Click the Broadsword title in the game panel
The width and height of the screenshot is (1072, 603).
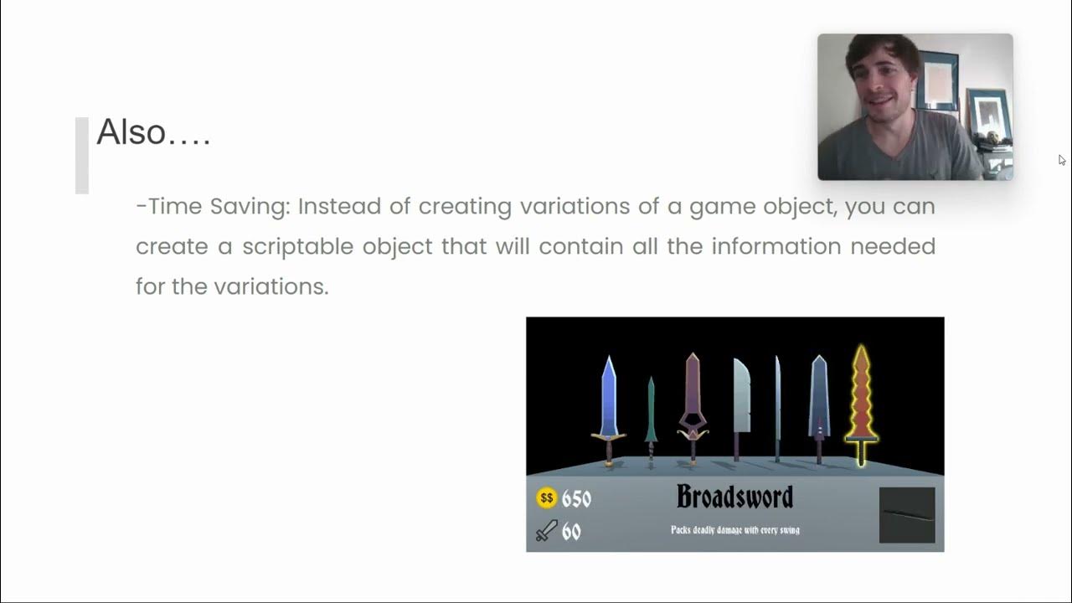point(734,497)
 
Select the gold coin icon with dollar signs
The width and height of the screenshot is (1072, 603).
point(546,498)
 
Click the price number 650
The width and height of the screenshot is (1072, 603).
point(576,499)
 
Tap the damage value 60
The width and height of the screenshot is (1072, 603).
point(571,531)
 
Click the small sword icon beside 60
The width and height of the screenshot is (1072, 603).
point(546,531)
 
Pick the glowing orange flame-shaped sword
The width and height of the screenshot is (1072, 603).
point(861,402)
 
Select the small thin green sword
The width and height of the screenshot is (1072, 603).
point(651,419)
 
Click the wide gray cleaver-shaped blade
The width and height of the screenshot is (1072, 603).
point(740,402)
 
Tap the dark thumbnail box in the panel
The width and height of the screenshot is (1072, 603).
point(907,515)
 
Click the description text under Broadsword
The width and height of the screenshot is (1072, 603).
point(734,530)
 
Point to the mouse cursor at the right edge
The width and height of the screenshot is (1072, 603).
point(1061,159)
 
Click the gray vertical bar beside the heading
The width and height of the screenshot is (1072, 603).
point(81,156)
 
